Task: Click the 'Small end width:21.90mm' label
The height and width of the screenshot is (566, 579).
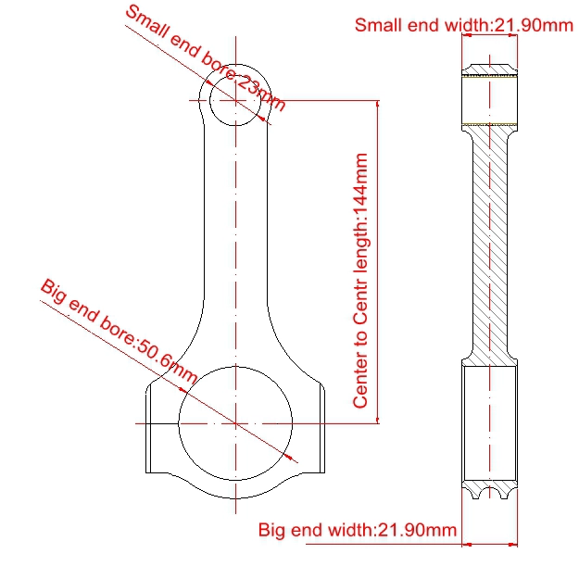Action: (463, 25)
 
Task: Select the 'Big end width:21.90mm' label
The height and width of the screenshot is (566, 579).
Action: (358, 530)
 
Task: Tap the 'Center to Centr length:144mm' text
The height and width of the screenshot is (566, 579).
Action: (360, 281)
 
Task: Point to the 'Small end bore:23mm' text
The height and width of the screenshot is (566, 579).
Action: (206, 58)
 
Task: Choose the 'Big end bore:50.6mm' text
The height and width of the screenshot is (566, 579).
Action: (119, 332)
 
